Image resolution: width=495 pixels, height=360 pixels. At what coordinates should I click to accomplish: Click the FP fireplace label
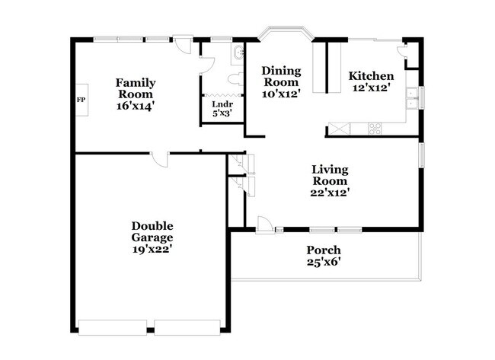[80, 100]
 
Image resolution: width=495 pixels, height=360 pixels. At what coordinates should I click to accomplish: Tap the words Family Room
[136, 88]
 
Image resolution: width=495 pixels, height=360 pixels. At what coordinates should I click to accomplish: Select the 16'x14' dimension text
[136, 107]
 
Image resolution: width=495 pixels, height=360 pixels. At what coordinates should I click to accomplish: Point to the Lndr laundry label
[222, 104]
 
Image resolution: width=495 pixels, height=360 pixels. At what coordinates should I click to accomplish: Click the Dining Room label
[282, 76]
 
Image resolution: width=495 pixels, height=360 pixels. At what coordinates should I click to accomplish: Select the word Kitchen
[371, 76]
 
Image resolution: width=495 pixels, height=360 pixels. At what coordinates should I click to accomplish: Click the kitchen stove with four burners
[375, 129]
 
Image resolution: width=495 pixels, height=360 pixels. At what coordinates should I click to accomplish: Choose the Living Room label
[330, 175]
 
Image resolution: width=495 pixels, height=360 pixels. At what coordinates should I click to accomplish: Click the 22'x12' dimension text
[330, 193]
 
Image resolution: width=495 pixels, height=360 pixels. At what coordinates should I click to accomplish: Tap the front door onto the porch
[263, 224]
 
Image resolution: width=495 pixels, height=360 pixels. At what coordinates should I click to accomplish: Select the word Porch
[324, 250]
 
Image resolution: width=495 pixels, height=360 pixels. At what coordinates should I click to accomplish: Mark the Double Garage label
[152, 231]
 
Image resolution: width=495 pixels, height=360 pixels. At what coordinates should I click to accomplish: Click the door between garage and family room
[159, 158]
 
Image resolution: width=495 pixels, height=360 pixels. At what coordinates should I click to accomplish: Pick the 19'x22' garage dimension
[152, 249]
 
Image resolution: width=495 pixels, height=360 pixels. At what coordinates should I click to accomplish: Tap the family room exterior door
[181, 44]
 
